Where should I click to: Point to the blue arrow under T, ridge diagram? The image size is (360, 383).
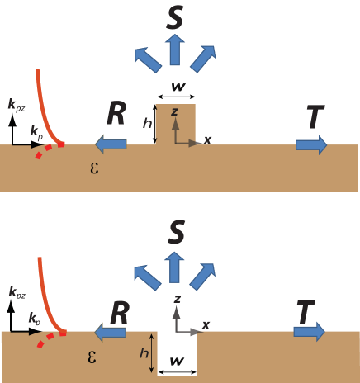coord(310,144)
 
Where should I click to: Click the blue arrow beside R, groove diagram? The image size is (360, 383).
coord(110,331)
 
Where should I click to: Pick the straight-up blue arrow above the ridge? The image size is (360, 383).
coord(174,50)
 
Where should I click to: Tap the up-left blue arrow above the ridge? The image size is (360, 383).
coord(148,59)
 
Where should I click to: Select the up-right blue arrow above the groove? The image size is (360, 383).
coord(201,277)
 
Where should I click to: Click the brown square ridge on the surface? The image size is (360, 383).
coord(176,124)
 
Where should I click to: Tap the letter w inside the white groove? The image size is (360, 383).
coord(176,361)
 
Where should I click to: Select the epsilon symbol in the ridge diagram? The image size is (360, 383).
coord(92,167)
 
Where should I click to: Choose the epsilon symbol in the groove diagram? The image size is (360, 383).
coord(92,357)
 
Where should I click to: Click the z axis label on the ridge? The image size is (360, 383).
coord(174,111)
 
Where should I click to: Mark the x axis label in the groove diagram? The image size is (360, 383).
coord(206,324)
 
